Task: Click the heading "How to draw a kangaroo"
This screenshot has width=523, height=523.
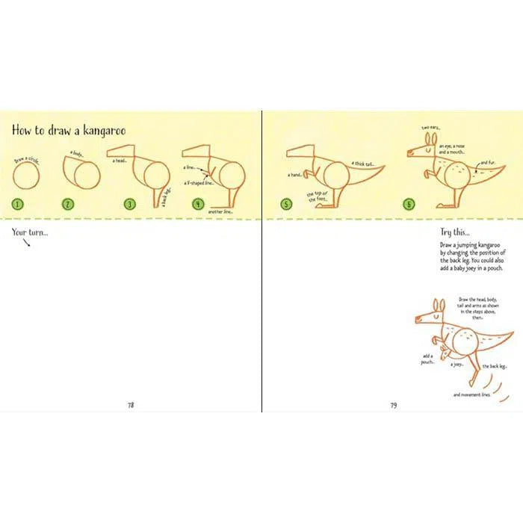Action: tap(68, 130)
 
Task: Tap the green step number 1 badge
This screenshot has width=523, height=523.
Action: tap(17, 203)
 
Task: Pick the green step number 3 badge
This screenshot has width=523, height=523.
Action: tap(130, 203)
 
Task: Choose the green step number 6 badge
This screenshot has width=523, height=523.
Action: tap(408, 203)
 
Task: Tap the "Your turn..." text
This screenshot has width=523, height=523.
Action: tap(29, 232)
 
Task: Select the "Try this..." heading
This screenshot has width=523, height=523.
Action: tap(457, 232)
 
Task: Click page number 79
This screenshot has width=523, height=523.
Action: tap(393, 405)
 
